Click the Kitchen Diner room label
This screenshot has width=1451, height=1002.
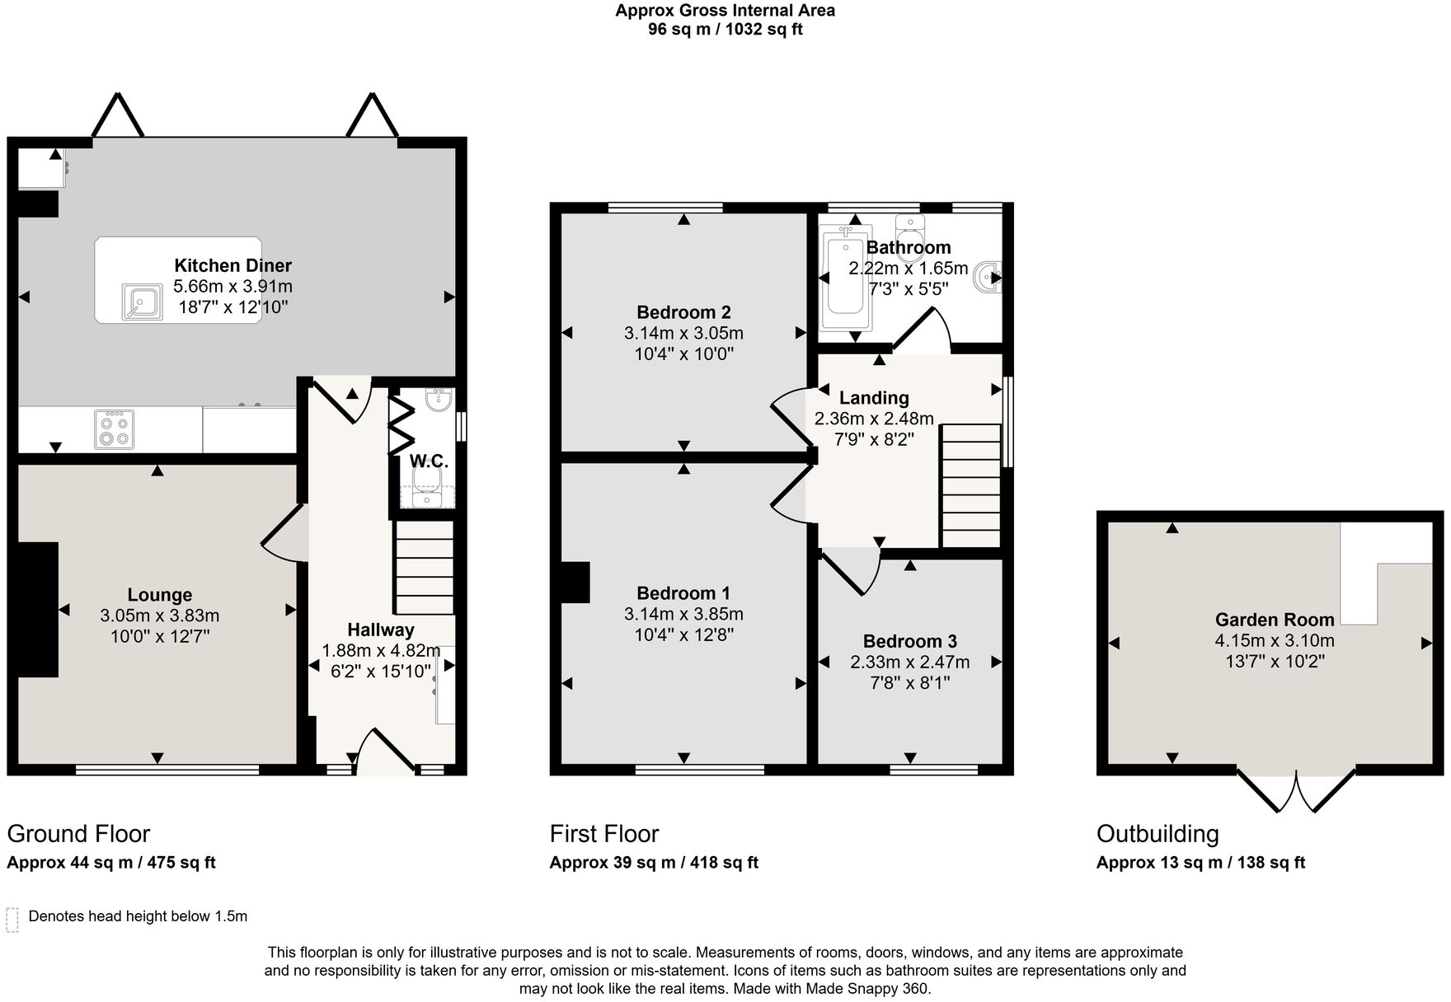(x=232, y=265)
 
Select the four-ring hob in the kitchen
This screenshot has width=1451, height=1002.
(x=114, y=429)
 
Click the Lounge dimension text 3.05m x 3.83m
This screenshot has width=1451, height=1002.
(x=159, y=616)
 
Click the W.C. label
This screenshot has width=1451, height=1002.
(x=429, y=461)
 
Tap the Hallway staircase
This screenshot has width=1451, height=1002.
(x=425, y=569)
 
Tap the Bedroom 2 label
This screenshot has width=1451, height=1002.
(x=683, y=312)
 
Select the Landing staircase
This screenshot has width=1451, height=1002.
(x=970, y=486)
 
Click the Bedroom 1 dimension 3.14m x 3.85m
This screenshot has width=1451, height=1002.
(x=683, y=614)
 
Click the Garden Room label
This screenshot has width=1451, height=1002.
(x=1274, y=620)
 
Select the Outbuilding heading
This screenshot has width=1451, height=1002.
(x=1157, y=834)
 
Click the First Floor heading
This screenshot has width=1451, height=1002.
(x=604, y=834)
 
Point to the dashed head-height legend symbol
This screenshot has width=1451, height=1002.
(x=12, y=919)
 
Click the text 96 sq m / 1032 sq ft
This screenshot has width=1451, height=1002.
(x=725, y=30)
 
